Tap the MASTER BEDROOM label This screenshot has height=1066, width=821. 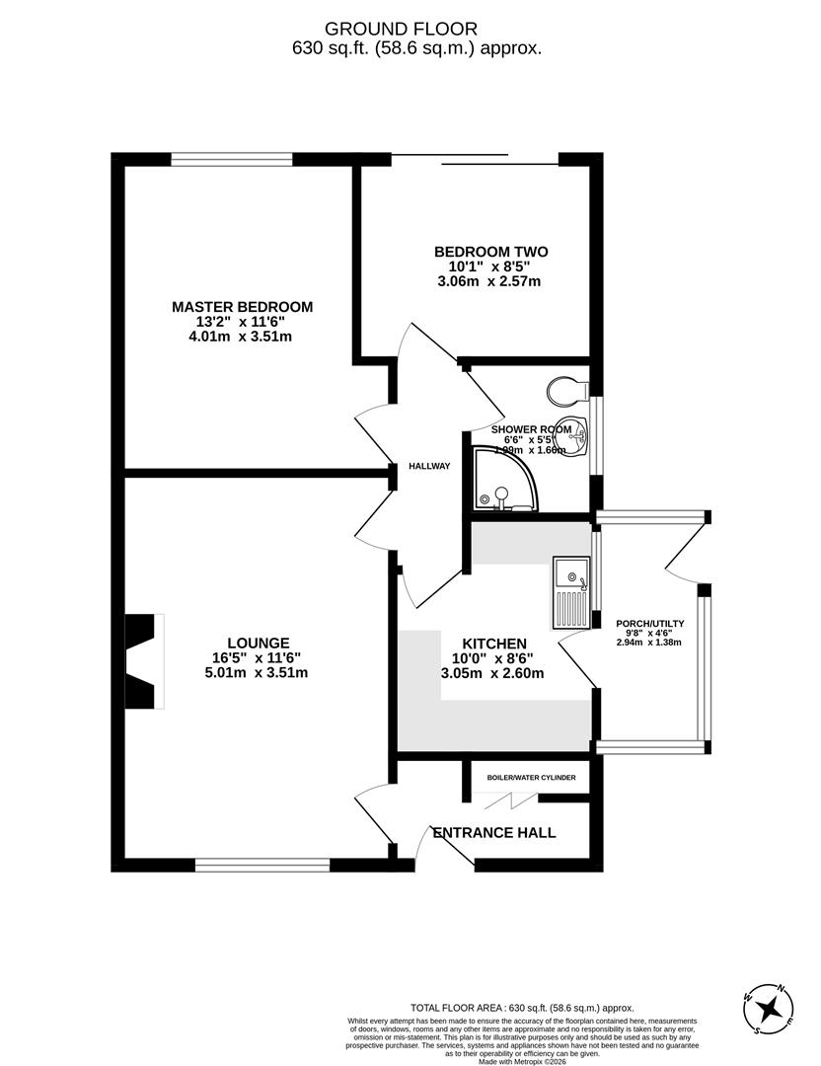[x=242, y=307]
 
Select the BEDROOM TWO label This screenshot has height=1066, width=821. [x=490, y=252]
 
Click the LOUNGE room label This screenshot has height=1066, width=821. [x=256, y=642]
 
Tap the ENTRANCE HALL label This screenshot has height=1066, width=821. [x=507, y=833]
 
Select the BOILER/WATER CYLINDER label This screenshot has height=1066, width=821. [x=531, y=778]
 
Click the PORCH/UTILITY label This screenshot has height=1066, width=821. [x=649, y=624]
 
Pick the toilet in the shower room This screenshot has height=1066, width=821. [x=565, y=390]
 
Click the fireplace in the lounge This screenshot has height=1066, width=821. [x=142, y=661]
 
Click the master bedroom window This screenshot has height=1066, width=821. [x=232, y=159]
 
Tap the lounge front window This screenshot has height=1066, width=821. [x=261, y=866]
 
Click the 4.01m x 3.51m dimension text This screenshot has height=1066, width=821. [x=242, y=337]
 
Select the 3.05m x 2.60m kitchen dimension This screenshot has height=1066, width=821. [x=492, y=674]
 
